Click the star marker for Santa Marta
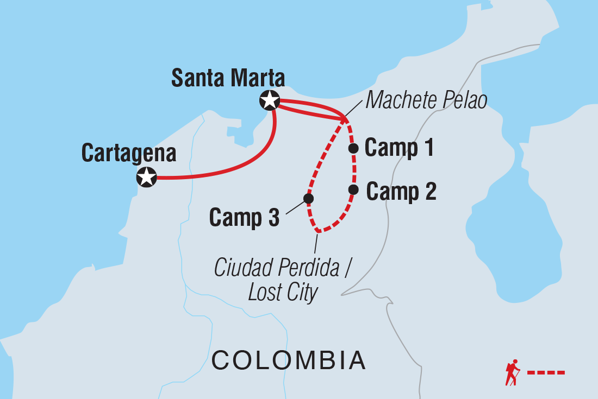(270, 100)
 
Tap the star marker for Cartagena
(146, 177)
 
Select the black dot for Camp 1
(353, 148)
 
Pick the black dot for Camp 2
(353, 189)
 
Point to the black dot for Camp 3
(308, 199)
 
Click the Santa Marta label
(228, 78)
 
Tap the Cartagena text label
(129, 154)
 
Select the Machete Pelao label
(426, 100)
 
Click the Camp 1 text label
(400, 148)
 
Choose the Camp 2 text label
(401, 192)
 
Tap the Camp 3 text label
(244, 218)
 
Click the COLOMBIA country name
(288, 360)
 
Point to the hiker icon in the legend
(512, 372)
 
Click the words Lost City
(283, 293)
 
